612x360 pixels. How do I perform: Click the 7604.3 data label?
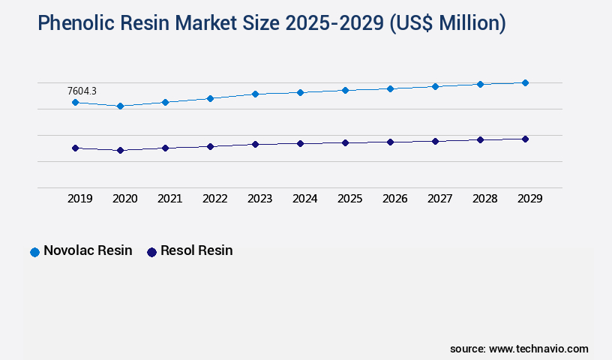tap(82, 91)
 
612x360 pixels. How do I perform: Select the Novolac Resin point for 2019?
tap(75, 102)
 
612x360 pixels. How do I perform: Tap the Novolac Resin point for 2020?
tap(120, 106)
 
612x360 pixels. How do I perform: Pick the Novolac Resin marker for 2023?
tap(255, 94)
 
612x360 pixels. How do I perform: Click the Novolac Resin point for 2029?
tap(525, 82)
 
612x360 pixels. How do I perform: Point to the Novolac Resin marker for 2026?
tap(390, 88)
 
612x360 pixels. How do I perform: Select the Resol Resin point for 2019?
tap(75, 148)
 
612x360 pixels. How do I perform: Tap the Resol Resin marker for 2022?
tap(210, 146)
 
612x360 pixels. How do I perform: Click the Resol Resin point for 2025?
tap(345, 142)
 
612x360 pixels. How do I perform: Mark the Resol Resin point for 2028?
tap(480, 139)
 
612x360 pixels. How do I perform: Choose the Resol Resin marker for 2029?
tap(525, 139)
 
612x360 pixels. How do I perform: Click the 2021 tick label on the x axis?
tap(169, 199)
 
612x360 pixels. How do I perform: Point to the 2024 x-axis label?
tap(304, 199)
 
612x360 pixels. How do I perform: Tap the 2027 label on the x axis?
tap(439, 199)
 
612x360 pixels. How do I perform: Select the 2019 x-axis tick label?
tap(79, 199)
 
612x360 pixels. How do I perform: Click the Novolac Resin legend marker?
tap(34, 252)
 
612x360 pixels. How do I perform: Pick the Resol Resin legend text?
tap(196, 250)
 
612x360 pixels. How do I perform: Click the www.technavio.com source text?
tap(538, 349)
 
